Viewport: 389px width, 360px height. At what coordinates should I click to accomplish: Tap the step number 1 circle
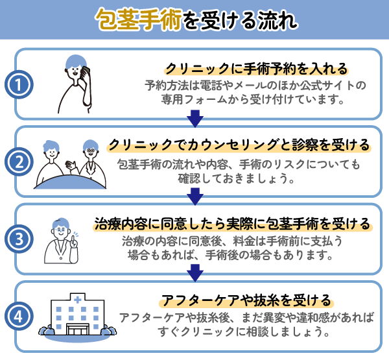pyautogui.click(x=19, y=85)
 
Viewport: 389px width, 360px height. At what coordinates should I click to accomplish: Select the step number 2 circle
pyautogui.click(x=19, y=162)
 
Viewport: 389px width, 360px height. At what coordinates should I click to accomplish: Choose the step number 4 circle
pyautogui.click(x=19, y=317)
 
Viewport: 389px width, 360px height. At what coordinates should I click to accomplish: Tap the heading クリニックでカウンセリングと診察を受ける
pyautogui.click(x=239, y=144)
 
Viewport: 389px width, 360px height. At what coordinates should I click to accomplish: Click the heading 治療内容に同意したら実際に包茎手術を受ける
pyautogui.click(x=233, y=224)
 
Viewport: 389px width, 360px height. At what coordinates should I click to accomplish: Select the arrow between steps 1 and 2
pyautogui.click(x=194, y=118)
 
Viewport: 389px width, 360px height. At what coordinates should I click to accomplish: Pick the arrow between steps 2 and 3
pyautogui.click(x=194, y=195)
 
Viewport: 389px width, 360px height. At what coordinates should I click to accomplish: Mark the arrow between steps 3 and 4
pyautogui.click(x=194, y=273)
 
